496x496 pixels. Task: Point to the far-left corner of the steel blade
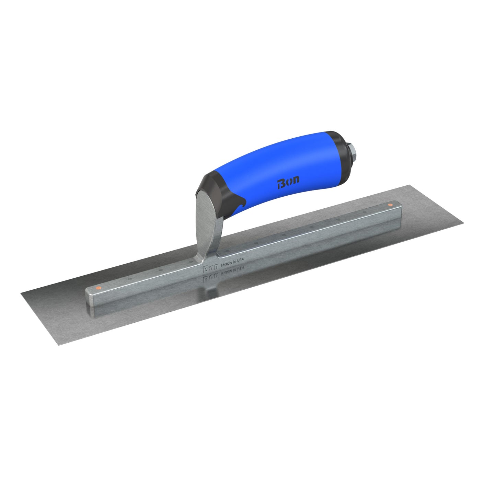(x=22, y=292)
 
